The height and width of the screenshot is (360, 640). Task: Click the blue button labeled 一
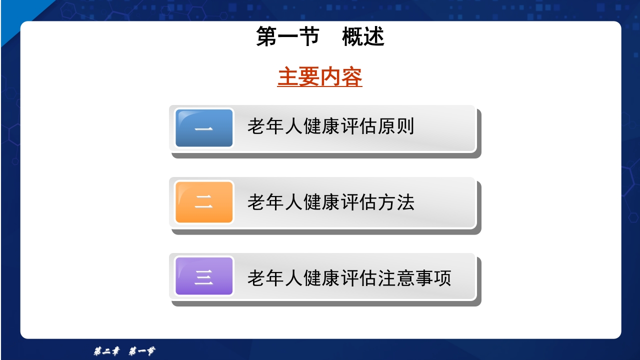204,128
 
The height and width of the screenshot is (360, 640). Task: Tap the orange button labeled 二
204,202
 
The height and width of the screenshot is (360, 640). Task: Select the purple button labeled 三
204,276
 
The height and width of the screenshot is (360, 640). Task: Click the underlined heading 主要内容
320,77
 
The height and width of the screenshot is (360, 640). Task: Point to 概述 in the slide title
363,37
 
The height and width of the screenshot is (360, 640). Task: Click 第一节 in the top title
287,37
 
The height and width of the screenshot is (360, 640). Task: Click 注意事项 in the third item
415,278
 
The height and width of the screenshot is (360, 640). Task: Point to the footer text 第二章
106,351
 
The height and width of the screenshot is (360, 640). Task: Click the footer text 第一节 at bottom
141,351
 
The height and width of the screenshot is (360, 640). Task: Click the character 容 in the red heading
352,77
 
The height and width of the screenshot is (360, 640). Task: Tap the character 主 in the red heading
288,77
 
